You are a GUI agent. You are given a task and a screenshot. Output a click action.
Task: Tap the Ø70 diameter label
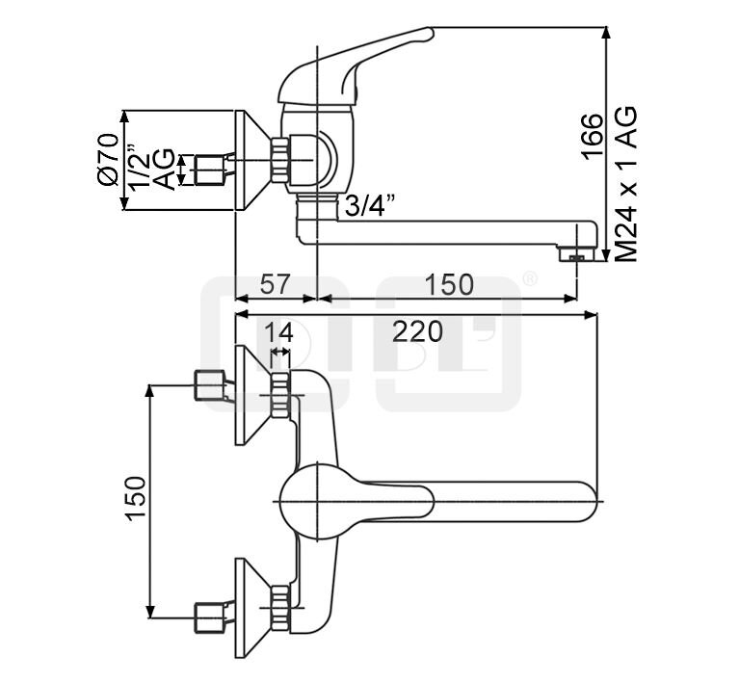(x=107, y=159)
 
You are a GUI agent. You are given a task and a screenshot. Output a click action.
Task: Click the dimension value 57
(x=276, y=284)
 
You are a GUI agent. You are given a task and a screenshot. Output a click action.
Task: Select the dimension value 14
(x=279, y=333)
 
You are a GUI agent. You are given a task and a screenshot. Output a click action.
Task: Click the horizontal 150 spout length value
(x=450, y=284)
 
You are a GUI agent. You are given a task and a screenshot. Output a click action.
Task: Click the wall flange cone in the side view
(x=253, y=159)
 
